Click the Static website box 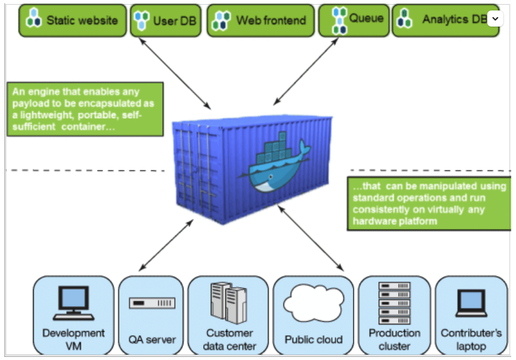coord(73,20)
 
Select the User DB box coord(165,20)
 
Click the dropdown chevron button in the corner coord(495,19)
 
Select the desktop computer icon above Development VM coord(73,302)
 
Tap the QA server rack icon coord(152,303)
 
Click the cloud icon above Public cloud coord(313,302)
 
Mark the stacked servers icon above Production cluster coord(394,303)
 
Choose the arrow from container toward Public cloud coord(310,238)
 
